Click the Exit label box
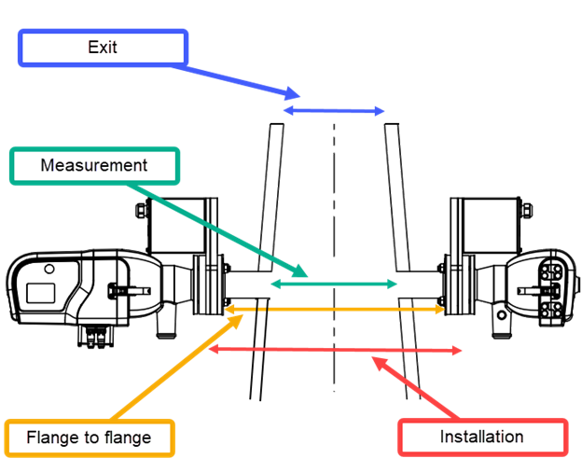[x=103, y=48]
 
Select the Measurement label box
[x=94, y=166]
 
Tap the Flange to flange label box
[x=89, y=437]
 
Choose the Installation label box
[x=481, y=437]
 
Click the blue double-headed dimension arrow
[x=334, y=111]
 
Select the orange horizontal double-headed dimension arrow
[x=334, y=308]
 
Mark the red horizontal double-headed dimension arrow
[x=334, y=350]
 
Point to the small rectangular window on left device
[x=43, y=291]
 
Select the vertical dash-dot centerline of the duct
[x=333, y=233]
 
